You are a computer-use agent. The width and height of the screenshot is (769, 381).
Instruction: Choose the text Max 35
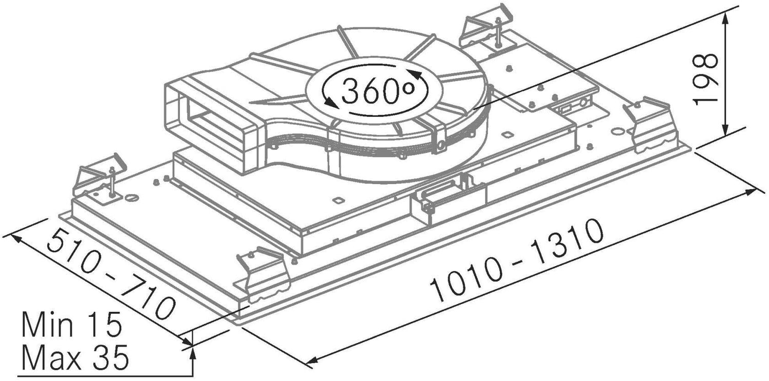[75, 356]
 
